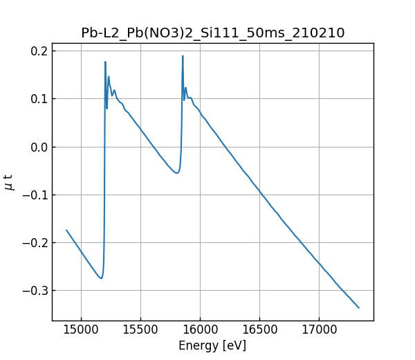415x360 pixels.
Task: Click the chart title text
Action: pos(212,33)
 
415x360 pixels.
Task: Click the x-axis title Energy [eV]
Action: pos(212,345)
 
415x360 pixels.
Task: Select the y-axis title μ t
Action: pos(9,182)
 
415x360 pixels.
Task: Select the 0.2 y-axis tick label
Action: pos(39,51)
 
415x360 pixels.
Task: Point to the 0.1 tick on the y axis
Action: pos(39,99)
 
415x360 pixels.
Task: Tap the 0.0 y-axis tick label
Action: pos(39,147)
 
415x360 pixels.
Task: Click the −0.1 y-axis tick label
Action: pos(36,195)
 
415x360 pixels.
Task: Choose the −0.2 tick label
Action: pos(36,242)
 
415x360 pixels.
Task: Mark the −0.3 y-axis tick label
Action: pos(36,290)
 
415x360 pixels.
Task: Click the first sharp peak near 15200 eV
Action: pos(105,62)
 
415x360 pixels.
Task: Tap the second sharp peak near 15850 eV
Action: pos(183,56)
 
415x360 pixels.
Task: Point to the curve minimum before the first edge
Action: pos(101,278)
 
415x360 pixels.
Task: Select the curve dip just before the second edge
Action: pos(177,172)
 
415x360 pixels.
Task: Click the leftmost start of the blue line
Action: pos(66,230)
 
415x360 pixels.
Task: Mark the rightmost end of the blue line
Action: pos(359,307)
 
